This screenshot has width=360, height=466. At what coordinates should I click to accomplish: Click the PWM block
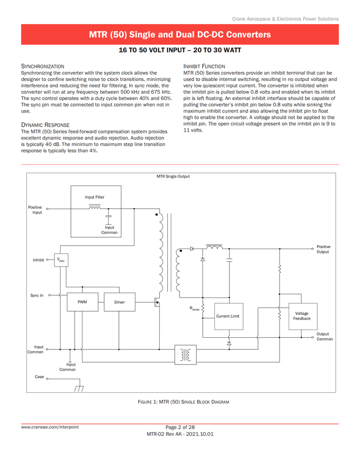tap(82, 302)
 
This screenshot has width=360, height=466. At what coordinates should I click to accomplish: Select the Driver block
tap(119, 302)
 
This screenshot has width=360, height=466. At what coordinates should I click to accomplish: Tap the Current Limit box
tap(228, 316)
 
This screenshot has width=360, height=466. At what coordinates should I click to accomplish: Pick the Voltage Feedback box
tap(302, 316)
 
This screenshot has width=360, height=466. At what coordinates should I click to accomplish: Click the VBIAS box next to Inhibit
tap(61, 260)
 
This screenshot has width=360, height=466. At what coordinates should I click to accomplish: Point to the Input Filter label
tap(95, 197)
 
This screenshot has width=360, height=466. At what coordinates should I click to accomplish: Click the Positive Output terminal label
tap(323, 249)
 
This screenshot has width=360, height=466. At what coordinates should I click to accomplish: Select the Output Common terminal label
tap(325, 336)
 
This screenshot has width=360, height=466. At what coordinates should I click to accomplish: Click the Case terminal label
tap(39, 377)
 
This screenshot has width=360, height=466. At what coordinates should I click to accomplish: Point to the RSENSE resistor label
tap(195, 309)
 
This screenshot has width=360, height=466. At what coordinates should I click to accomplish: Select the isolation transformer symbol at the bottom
tap(185, 355)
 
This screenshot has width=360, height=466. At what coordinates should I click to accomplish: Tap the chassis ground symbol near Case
tap(79, 388)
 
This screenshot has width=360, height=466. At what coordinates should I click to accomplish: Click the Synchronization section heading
tap(42, 66)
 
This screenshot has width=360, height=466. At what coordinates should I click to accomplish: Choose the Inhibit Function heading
tap(204, 66)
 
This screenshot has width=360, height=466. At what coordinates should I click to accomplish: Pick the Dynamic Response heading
tap(45, 125)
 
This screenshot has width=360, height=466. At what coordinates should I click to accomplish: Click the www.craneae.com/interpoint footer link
tap(49, 427)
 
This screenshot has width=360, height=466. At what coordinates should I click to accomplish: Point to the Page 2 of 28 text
tap(180, 427)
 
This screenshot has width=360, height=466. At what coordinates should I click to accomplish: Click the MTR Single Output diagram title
tap(173, 177)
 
